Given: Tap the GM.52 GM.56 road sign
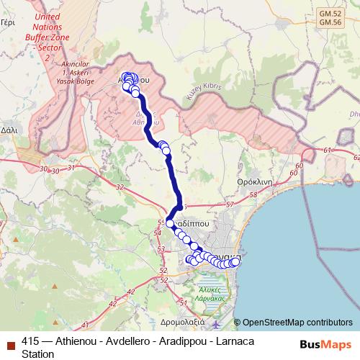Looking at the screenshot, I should click(x=330, y=17).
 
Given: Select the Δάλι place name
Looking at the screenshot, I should click(x=9, y=130).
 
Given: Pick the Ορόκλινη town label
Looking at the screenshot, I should click(x=255, y=182).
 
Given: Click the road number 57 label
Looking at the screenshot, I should click(x=230, y=204).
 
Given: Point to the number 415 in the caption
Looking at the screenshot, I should click(x=30, y=341).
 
